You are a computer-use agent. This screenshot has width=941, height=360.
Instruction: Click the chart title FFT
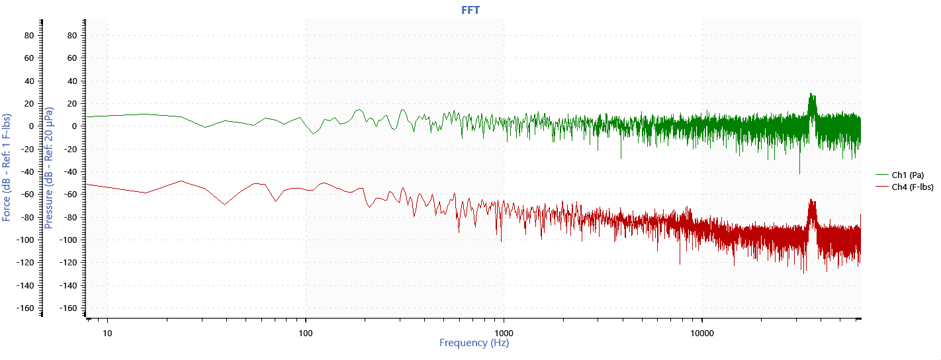470,10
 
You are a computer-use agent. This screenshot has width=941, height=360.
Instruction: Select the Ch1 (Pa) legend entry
907,175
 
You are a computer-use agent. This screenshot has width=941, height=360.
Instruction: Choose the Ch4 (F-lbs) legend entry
913,187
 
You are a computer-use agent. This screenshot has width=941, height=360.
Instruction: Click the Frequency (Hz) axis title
474,343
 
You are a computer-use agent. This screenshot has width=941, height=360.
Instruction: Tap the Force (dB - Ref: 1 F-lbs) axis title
7,167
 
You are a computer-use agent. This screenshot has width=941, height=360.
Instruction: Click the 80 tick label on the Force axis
28,35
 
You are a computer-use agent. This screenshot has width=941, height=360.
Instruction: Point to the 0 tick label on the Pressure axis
75,126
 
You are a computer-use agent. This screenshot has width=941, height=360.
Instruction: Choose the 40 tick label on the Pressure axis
73,81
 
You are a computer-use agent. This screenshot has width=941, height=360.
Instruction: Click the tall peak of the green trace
811,95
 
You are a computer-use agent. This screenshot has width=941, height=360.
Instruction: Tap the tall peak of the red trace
811,200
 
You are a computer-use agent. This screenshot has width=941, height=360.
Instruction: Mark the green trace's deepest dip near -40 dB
799,173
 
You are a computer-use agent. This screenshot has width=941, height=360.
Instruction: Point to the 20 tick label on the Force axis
28,103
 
